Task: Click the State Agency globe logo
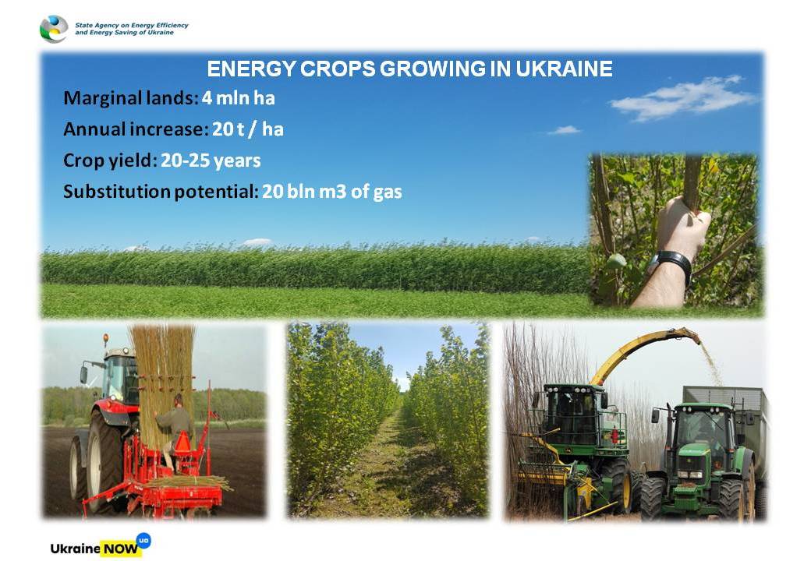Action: coord(54,29)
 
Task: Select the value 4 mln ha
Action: coord(238,97)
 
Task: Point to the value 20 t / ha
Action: coord(248,129)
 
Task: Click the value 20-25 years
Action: coord(211,161)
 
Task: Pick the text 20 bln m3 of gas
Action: coord(331,192)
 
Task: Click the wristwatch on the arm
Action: coord(671,262)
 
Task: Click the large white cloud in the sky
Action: coord(683,97)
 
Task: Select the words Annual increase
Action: coord(133,129)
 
